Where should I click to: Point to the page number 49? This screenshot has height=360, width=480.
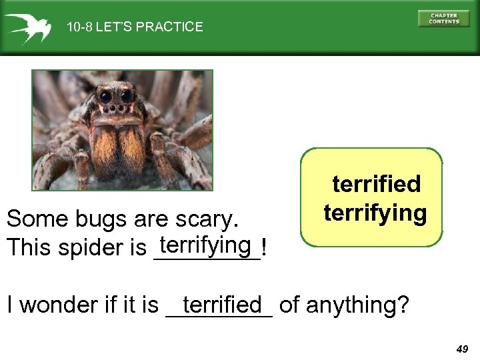pos(462,349)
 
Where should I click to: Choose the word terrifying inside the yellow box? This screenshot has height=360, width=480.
pos(375,213)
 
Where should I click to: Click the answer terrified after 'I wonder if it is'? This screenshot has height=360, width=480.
pos(221,305)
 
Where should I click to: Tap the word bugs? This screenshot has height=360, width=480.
pos(89,219)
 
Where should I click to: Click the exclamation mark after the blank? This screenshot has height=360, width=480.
pos(265,248)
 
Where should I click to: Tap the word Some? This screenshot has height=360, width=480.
pos(30,219)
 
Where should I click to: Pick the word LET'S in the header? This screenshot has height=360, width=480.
pos(115,27)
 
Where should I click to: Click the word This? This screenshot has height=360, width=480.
pos(25,248)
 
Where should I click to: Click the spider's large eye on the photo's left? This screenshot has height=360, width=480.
pos(107,97)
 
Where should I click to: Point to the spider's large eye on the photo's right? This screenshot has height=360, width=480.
pos(125,97)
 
